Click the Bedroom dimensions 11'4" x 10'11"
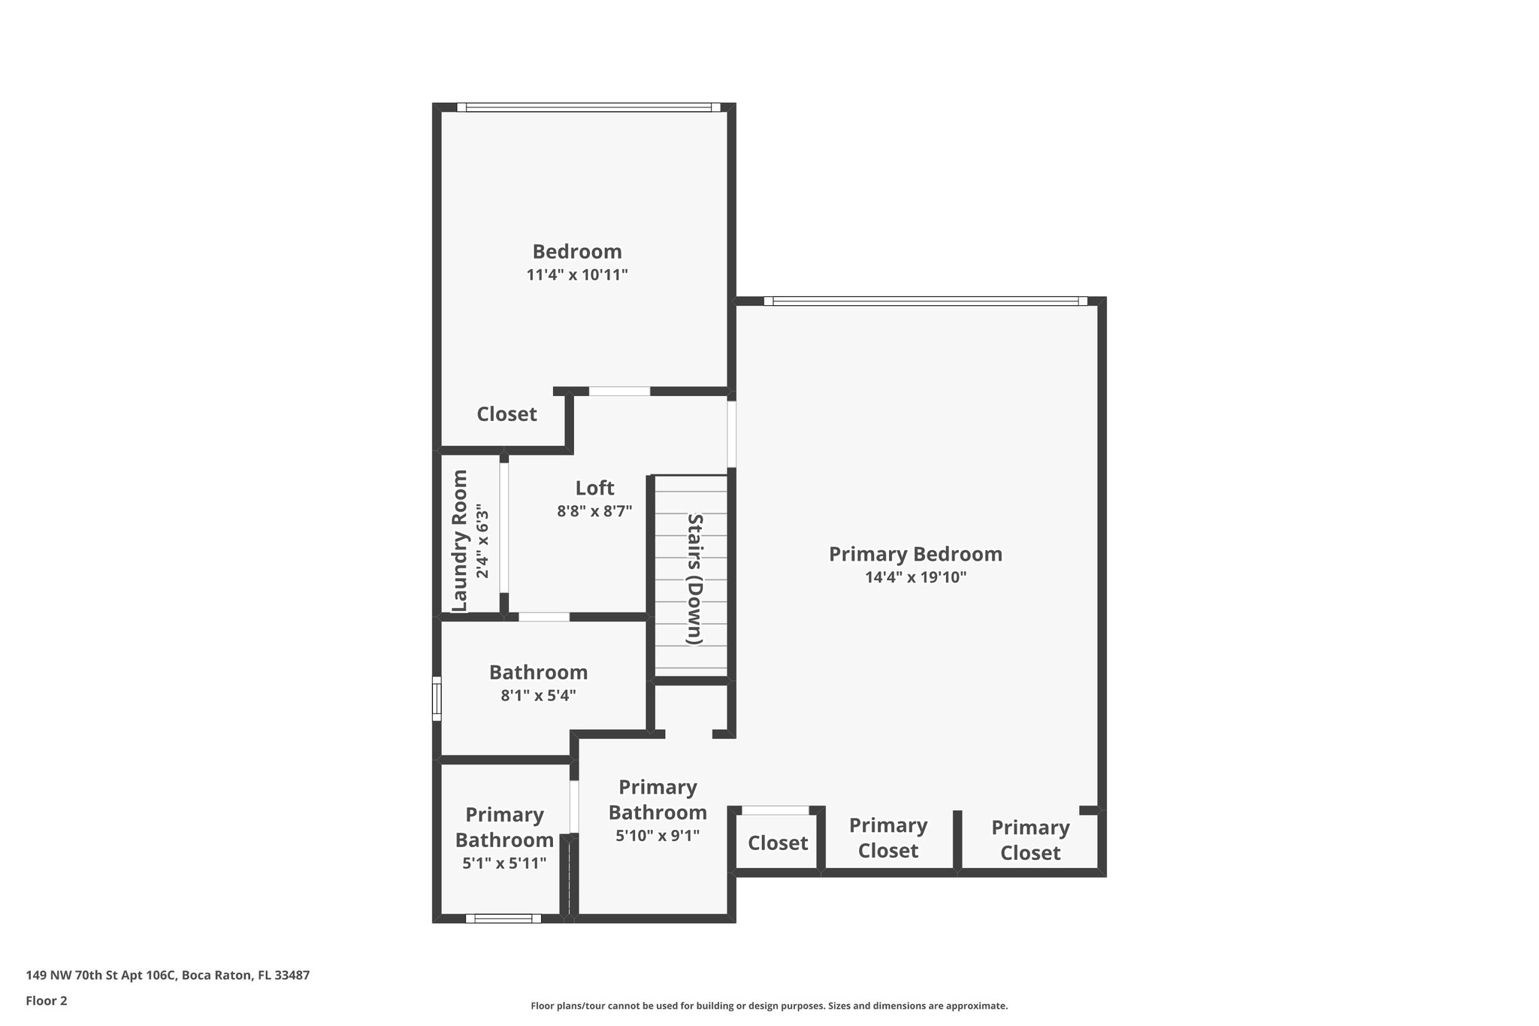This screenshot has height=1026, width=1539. (576, 275)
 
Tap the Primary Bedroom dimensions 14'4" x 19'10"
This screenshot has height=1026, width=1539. (915, 578)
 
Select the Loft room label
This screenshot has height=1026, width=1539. (594, 489)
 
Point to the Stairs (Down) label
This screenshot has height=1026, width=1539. (695, 579)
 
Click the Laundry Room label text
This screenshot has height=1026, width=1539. (460, 540)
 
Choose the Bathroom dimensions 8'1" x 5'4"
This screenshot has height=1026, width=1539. (538, 696)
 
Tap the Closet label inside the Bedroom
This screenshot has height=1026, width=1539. (506, 414)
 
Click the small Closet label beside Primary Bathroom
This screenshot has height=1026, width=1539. (777, 843)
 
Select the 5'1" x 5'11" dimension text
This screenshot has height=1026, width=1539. (503, 864)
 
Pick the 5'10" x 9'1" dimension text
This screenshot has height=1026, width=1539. (657, 836)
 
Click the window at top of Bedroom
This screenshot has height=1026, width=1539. (588, 107)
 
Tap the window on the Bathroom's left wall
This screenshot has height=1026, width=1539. (436, 698)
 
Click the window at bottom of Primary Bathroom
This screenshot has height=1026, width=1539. (503, 918)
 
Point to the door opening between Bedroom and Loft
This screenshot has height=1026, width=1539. (619, 391)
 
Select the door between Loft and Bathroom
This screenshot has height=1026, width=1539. (544, 617)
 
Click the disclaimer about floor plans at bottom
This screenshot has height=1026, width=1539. (769, 1006)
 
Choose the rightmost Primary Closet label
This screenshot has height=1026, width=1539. (1030, 840)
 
